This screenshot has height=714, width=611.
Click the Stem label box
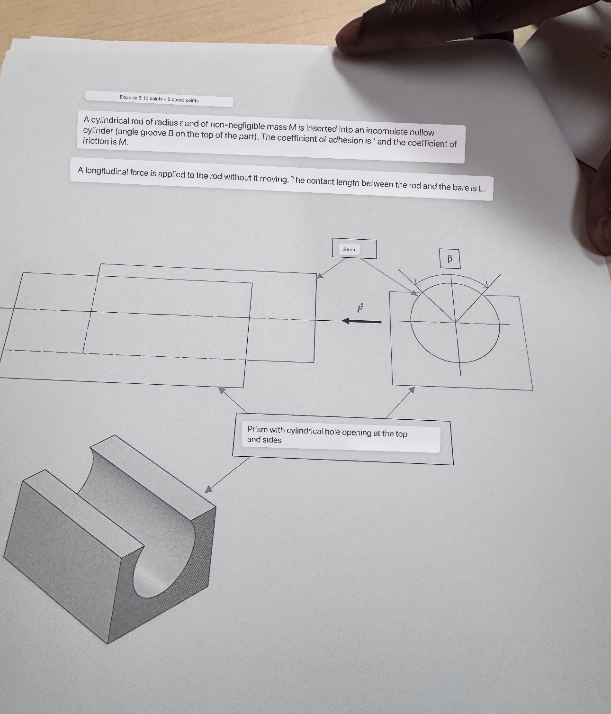pos(354,248)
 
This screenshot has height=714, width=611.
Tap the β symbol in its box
pos(449,258)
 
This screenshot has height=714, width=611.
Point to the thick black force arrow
pos(361,321)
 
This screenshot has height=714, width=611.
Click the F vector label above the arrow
pos(360,307)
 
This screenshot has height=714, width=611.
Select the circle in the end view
pos(411,321)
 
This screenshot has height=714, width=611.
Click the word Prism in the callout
pos(257,429)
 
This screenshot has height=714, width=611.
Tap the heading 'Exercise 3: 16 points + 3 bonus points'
pos(159,99)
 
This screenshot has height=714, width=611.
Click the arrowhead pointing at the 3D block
pos(208,489)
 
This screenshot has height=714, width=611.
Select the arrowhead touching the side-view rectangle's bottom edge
pos(222,390)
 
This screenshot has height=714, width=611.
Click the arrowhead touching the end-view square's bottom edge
pos(412,389)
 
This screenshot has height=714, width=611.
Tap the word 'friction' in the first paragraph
pos(95,141)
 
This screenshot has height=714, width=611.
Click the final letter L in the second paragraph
pos(482,188)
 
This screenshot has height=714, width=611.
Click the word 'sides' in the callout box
pos(272,440)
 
